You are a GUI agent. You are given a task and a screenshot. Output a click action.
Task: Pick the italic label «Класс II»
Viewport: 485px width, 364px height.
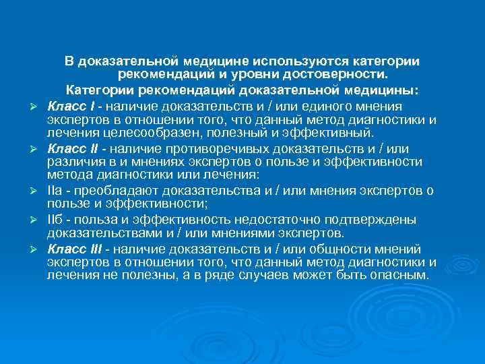[71, 148]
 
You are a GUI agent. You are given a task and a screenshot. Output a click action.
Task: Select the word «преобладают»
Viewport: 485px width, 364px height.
[105, 191]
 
